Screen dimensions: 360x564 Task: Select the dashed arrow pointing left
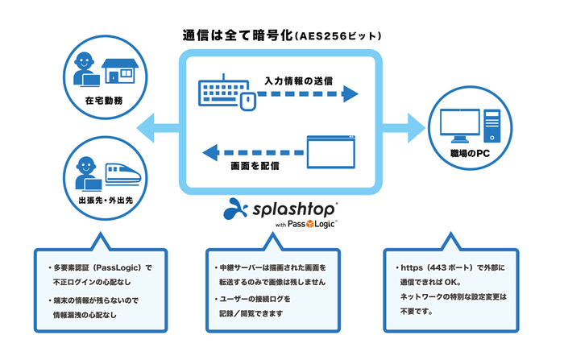(251, 149)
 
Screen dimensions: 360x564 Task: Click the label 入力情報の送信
(298, 81)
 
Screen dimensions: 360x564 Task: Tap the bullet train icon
(122, 172)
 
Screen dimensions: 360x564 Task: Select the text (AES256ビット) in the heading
(334, 37)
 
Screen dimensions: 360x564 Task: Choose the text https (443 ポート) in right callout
(439, 267)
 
